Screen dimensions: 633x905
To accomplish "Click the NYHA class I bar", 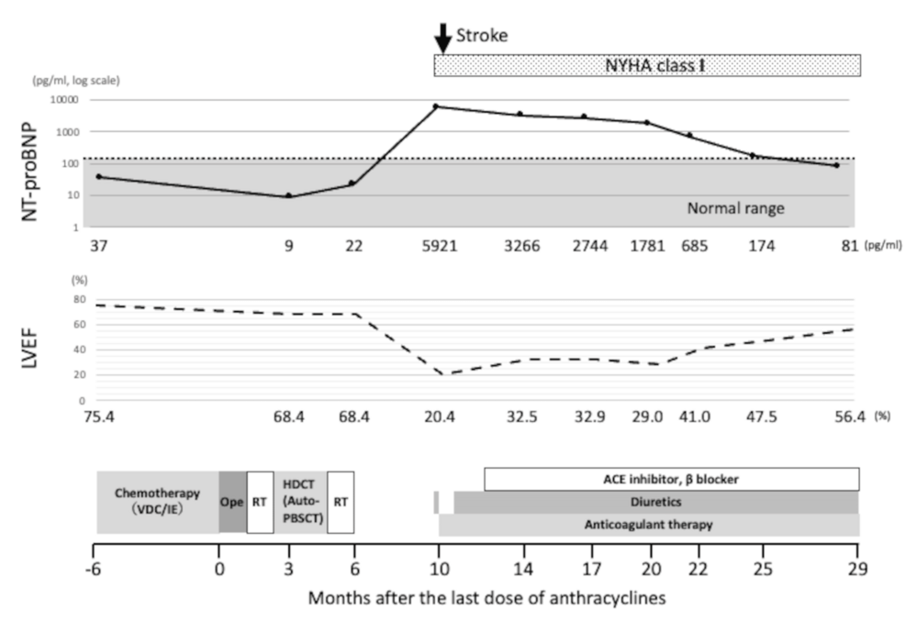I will click(647, 65).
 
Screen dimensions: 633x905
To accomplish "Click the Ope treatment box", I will click(232, 502).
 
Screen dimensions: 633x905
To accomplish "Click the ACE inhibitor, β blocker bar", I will click(671, 479).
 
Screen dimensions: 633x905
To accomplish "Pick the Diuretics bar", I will click(655, 503).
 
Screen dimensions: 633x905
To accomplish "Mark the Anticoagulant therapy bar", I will click(649, 525).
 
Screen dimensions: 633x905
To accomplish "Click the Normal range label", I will click(735, 208).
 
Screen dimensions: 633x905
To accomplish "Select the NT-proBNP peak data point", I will click(436, 106).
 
